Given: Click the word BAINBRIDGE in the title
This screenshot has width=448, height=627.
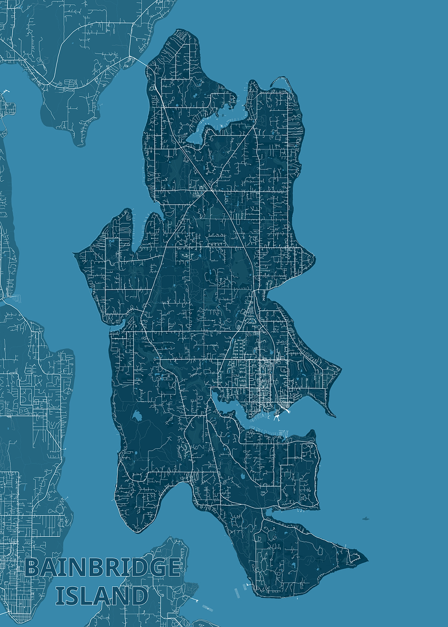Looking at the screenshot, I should click(102, 568).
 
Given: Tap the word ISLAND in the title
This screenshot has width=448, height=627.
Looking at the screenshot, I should click(101, 596).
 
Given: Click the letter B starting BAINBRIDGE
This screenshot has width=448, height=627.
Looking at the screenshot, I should click(32, 568).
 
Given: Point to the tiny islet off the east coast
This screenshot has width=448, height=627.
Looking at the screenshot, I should click(365, 519).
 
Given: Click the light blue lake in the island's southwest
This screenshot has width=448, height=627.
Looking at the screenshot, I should click(137, 416).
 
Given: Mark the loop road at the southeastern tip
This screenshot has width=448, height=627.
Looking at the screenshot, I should click(353, 557).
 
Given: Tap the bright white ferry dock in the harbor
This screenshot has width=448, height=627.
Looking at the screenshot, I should click(277, 416).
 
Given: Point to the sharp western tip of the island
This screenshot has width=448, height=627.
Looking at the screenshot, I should click(76, 253).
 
